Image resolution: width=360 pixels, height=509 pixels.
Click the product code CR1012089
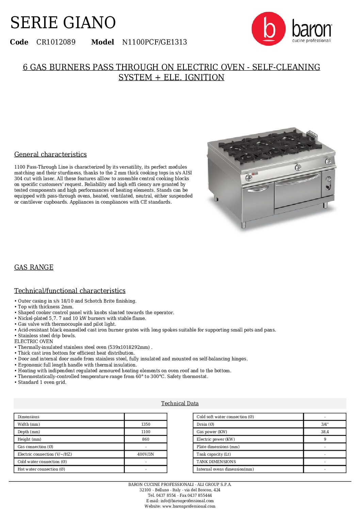tap(56, 42)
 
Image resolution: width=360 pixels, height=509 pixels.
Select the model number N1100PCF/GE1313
tap(154, 42)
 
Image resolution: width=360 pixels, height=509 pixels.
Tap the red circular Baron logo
tap(268, 29)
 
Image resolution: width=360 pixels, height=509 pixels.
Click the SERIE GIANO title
tap(63, 23)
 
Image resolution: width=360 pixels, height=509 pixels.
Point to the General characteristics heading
tap(50, 154)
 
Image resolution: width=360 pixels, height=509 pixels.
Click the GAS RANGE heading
tap(34, 267)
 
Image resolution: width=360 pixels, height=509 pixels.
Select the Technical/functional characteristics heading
tap(70, 291)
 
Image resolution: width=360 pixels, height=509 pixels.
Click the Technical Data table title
tap(180, 403)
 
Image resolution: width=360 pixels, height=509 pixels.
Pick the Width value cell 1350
tap(146, 424)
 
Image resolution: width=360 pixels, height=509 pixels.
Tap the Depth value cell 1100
tap(146, 432)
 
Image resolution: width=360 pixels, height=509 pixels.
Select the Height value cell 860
tap(146, 439)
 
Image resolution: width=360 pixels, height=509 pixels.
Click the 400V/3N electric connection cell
tap(146, 454)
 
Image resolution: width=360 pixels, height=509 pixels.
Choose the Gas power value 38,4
tap(325, 432)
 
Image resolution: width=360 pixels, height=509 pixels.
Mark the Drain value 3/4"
tap(325, 424)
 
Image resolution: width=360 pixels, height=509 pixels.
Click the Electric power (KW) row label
tap(216, 439)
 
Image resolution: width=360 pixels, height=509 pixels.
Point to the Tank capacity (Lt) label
tap(214, 454)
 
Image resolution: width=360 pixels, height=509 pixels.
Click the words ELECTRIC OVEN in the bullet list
tap(34, 341)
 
